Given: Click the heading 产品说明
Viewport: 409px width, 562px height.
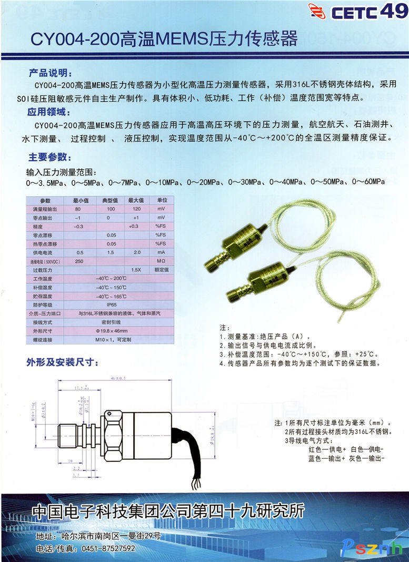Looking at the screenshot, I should [53, 73].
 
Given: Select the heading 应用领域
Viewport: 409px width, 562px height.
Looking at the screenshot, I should [53, 113].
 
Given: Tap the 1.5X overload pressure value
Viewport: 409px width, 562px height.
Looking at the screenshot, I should [136, 270].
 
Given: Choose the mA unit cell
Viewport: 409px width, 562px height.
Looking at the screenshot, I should [161, 252].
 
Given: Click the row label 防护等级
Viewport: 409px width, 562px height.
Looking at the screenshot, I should [45, 304].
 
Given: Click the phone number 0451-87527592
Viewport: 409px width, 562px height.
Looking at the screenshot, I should [105, 548].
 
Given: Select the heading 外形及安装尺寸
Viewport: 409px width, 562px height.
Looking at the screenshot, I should [62, 362].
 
